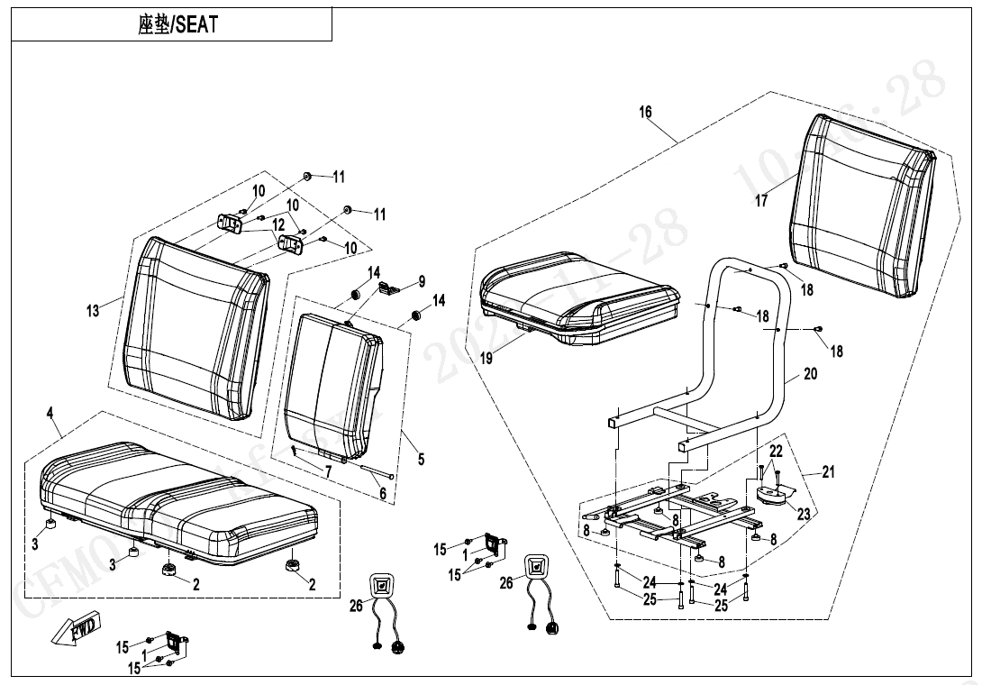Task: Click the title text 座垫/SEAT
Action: (x=177, y=25)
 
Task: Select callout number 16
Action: (x=645, y=113)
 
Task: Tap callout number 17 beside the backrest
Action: (x=762, y=200)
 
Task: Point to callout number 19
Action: (x=486, y=358)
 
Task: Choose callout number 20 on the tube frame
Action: (x=811, y=373)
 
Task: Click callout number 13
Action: (x=93, y=311)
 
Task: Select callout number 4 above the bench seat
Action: (x=50, y=413)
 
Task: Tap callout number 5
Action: (x=421, y=460)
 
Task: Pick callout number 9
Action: (x=422, y=281)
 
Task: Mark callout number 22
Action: (x=776, y=451)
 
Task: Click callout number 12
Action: (x=278, y=224)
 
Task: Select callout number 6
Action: (x=382, y=493)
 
